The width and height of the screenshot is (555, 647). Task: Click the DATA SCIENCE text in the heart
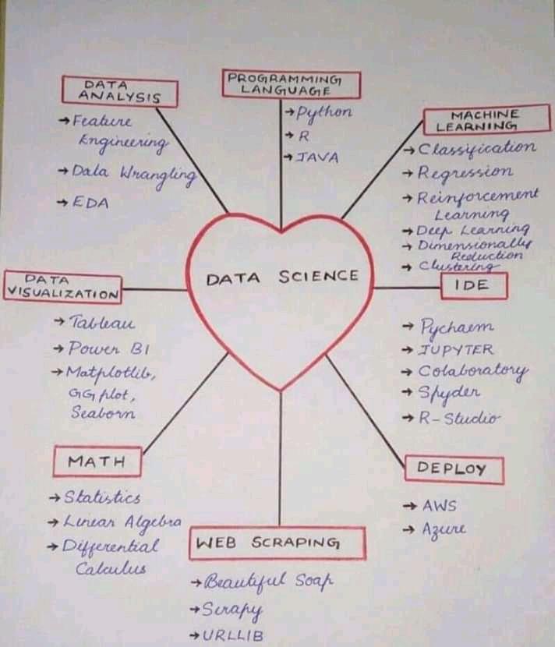click(282, 276)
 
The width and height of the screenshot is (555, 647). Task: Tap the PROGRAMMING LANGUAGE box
click(292, 84)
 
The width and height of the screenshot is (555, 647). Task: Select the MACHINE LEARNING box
click(486, 120)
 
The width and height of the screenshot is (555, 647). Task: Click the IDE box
click(473, 286)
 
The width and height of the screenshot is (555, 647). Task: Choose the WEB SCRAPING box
click(277, 543)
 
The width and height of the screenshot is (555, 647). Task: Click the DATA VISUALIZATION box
click(62, 287)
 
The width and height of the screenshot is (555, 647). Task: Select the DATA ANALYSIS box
click(119, 90)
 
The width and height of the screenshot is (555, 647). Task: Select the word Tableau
click(101, 322)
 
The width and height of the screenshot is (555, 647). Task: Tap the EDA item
click(90, 203)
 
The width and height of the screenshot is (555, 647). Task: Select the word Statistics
click(101, 497)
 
